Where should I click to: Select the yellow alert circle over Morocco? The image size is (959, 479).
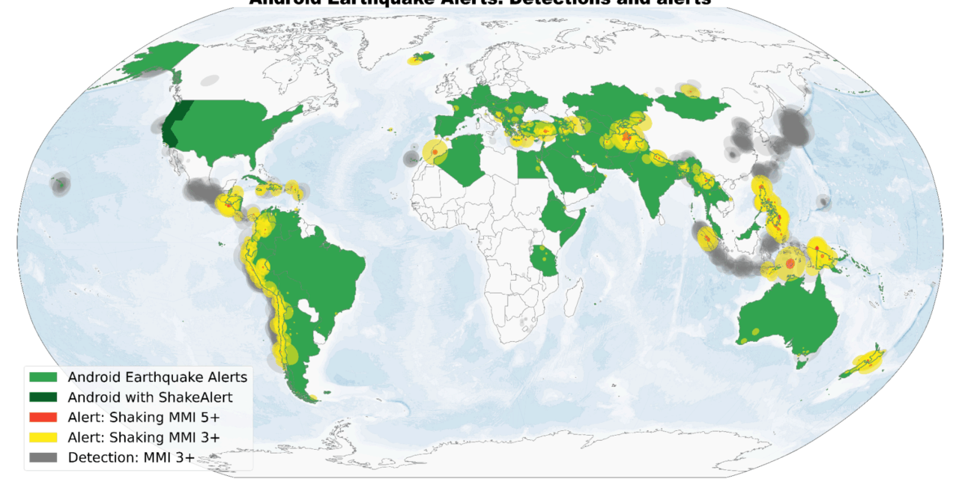tap(434, 152)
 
